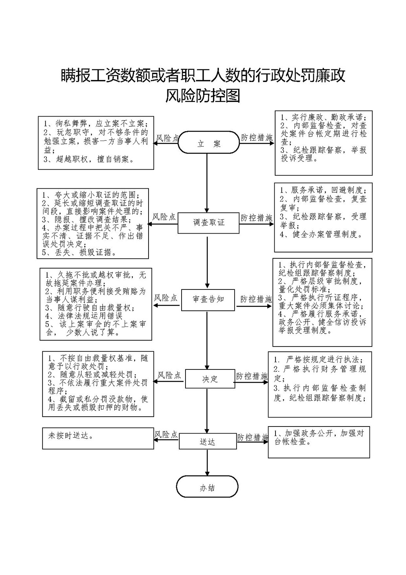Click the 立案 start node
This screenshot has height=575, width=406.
[209, 143]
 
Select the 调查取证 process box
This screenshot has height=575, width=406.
[209, 223]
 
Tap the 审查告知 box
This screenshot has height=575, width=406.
[208, 300]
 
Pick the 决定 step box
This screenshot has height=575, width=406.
[210, 379]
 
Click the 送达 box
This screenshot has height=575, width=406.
[208, 441]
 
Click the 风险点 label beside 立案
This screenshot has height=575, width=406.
[167, 138]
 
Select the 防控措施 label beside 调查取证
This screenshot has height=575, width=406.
[256, 218]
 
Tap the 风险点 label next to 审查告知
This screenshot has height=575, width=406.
[165, 298]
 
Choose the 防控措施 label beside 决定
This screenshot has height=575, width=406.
[252, 377]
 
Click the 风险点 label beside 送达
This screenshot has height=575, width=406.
[166, 434]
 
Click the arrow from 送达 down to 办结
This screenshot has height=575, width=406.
[207, 462]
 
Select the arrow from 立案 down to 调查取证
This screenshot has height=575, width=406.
[207, 183]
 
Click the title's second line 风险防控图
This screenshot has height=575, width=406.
[203, 96]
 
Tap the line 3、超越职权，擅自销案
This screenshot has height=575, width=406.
[89, 160]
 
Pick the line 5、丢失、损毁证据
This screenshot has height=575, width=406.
[79, 252]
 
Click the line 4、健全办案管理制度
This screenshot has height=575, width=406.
[321, 234]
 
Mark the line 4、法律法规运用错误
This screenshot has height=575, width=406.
[84, 316]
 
